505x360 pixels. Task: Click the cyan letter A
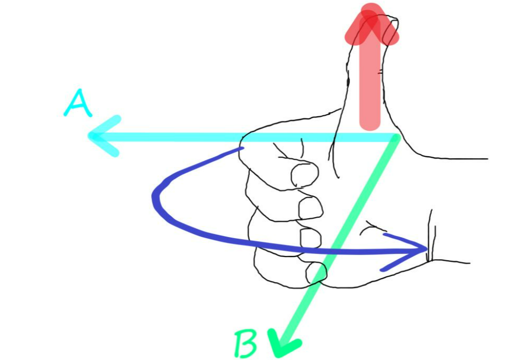(x=78, y=104)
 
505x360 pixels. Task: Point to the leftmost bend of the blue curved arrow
(x=155, y=197)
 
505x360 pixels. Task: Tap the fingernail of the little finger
(x=316, y=271)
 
